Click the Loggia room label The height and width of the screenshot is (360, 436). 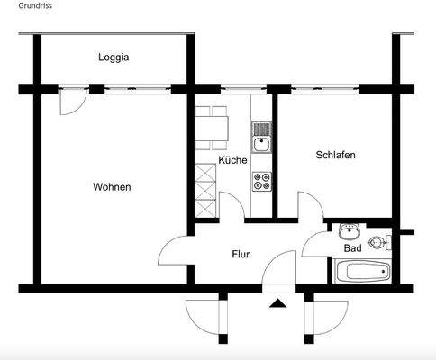tap(114, 58)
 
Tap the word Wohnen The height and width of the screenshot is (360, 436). tap(112, 187)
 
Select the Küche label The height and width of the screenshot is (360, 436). tap(232, 160)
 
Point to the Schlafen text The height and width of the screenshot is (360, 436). tap(335, 155)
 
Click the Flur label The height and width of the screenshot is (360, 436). tap(241, 254)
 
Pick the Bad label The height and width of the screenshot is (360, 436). tap(352, 248)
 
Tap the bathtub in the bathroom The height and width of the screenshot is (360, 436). tap(361, 271)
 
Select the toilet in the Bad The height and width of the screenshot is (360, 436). tap(385, 241)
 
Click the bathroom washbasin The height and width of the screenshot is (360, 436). tap(350, 229)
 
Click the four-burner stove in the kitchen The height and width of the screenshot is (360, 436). tap(261, 181)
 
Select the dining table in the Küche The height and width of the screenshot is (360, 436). tap(214, 127)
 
